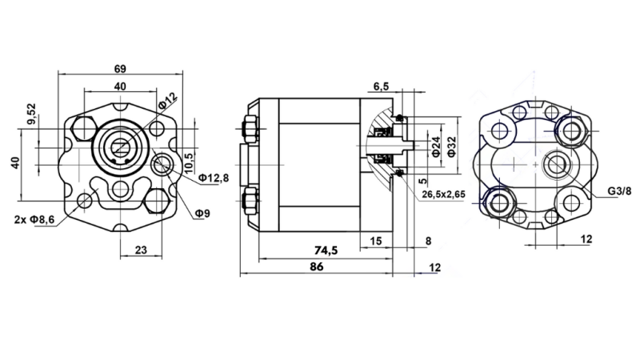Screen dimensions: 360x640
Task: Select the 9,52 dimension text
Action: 31,115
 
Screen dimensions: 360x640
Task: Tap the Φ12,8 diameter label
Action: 214,177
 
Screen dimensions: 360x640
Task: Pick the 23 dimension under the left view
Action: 140,250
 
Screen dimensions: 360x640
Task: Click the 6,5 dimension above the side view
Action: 381,86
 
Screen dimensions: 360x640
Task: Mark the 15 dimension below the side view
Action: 375,240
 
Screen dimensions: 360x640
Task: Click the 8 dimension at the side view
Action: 428,240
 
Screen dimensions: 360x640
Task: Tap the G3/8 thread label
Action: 618,192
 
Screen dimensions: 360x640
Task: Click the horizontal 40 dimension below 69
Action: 120,86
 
